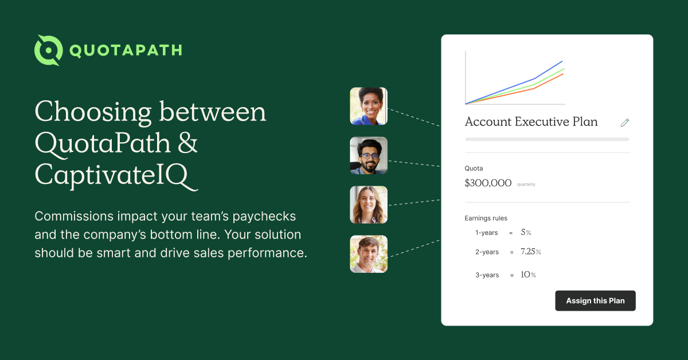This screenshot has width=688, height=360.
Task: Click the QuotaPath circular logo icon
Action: [x=48, y=50]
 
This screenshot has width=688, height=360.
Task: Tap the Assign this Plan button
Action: [x=595, y=301]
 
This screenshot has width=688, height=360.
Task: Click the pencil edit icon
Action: [x=625, y=122]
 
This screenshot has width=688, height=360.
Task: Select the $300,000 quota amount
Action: [x=488, y=183]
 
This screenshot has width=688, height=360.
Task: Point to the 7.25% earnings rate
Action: [x=530, y=252]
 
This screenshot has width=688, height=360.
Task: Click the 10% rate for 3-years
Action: [x=528, y=275]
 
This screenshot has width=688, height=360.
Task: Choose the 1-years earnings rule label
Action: [x=487, y=233]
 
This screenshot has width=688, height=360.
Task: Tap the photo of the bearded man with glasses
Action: [x=369, y=155]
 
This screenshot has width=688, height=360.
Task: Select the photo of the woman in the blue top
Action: [x=369, y=106]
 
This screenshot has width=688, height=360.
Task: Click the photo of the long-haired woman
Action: [x=369, y=205]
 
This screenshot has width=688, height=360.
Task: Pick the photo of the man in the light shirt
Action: [x=369, y=254]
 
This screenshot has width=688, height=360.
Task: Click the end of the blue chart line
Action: [x=562, y=61]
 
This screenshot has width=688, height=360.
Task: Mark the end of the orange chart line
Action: [x=563, y=74]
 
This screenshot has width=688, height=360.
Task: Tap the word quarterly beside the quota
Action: [x=526, y=185]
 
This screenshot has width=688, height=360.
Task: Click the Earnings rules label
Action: [x=486, y=218]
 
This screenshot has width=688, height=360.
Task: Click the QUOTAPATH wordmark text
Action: [x=126, y=50]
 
